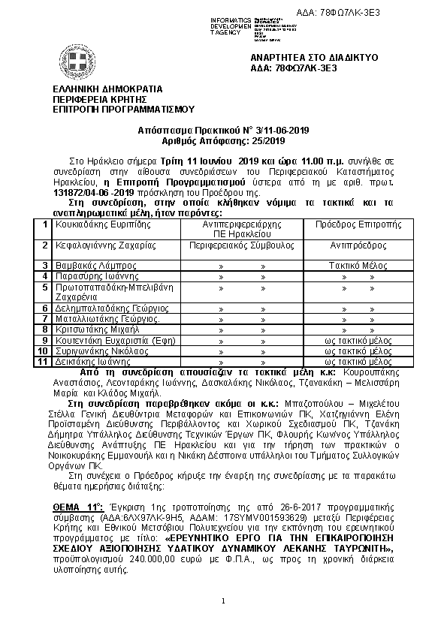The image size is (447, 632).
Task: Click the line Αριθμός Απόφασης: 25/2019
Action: tap(224, 140)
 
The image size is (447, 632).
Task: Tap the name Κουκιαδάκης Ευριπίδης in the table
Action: tap(99, 224)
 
